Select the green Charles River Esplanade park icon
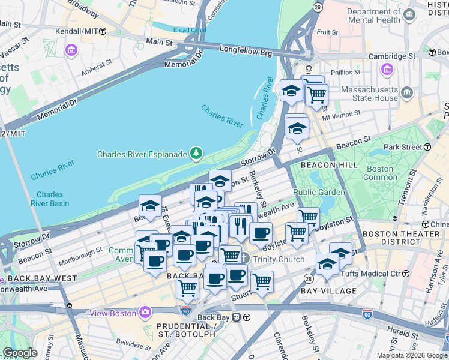pyautogui.click(x=196, y=154)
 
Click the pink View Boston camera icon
pyautogui.click(x=145, y=313)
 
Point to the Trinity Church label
pyautogui.click(x=279, y=259)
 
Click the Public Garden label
pyautogui.click(x=319, y=192)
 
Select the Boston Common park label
pyautogui.click(x=380, y=173)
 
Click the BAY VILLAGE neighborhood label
pyautogui.click(x=328, y=291)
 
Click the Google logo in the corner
pyautogui.click(x=20, y=353)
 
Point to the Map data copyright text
pyautogui.click(x=412, y=355)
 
